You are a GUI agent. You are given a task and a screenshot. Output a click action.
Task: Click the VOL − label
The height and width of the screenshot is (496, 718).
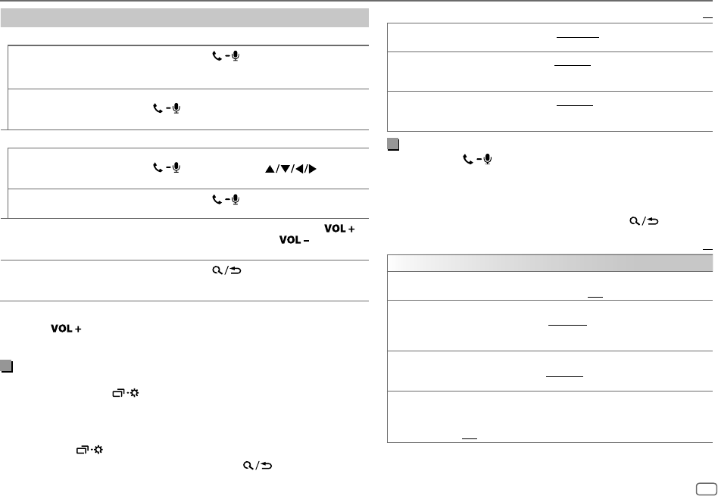(x=294, y=240)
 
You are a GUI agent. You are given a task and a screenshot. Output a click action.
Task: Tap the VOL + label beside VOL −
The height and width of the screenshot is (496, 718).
(x=340, y=228)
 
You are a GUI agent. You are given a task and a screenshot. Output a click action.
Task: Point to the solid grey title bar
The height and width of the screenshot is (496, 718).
(x=184, y=18)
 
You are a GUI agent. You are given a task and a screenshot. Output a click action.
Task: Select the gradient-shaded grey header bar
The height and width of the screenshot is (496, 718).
(x=550, y=263)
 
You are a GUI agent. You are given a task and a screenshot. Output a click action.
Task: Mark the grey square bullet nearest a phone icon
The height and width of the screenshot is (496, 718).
(x=393, y=144)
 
